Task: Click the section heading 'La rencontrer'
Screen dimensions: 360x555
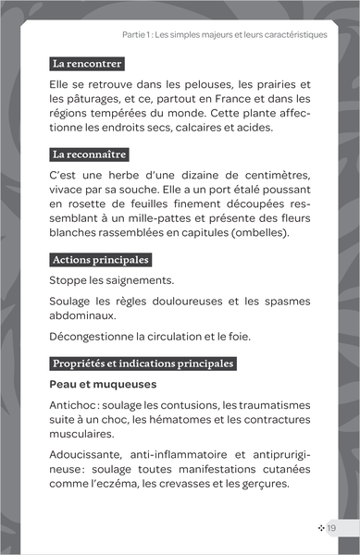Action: tap(87, 65)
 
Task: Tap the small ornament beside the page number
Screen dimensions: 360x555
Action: tap(320, 527)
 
